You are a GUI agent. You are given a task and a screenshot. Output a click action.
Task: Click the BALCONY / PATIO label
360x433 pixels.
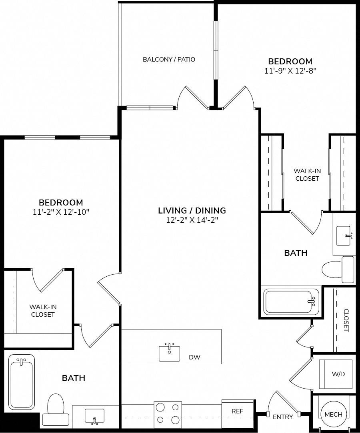169,59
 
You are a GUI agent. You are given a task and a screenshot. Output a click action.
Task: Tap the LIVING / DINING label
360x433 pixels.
192,210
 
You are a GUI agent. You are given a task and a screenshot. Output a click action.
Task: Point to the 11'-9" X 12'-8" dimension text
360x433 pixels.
290,71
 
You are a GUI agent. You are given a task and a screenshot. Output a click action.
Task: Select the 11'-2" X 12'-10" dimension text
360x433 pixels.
61,212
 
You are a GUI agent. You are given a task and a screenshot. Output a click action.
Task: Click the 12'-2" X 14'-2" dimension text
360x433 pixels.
192,220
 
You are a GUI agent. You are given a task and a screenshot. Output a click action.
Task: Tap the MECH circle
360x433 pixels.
334,414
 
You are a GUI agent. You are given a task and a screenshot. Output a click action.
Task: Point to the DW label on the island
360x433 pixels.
194,357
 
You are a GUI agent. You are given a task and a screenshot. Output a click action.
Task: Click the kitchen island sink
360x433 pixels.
169,353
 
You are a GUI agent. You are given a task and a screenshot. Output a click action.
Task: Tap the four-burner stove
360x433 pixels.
168,414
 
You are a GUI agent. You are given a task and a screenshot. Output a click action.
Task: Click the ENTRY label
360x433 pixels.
283,417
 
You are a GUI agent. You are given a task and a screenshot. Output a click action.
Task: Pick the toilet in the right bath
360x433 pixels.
338,269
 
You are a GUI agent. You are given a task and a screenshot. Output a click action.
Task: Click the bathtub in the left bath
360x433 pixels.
22,382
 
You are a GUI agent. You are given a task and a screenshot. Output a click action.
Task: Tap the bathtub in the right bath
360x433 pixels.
291,302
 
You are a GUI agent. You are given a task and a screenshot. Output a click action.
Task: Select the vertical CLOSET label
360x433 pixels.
346,320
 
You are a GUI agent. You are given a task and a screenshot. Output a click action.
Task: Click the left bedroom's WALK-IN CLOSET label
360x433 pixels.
43,310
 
